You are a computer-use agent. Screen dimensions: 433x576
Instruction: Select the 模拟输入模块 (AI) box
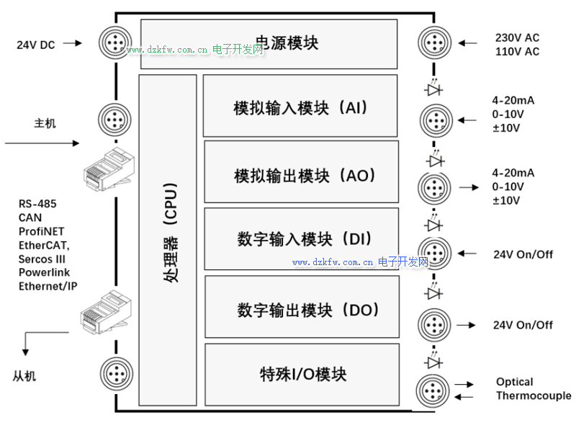pos(300,106)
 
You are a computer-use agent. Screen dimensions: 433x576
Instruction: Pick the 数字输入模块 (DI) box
pos(301,239)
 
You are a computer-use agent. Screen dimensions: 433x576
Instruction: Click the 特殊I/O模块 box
pos(302,375)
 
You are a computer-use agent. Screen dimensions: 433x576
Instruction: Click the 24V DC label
pos(36,45)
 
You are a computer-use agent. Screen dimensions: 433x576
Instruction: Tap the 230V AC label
pos(517,37)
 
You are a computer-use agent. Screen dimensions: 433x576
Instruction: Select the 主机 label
pos(45,123)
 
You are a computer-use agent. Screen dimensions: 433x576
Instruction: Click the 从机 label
pos(24,376)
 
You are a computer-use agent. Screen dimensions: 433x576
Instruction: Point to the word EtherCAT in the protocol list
pos(44,245)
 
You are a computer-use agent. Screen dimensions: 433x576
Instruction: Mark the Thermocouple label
pos(534,396)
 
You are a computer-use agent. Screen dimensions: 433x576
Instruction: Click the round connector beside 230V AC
pos(434,43)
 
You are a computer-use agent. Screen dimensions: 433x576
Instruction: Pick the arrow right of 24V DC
pos(73,43)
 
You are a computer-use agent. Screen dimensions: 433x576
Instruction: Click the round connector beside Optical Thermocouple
pos(434,389)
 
